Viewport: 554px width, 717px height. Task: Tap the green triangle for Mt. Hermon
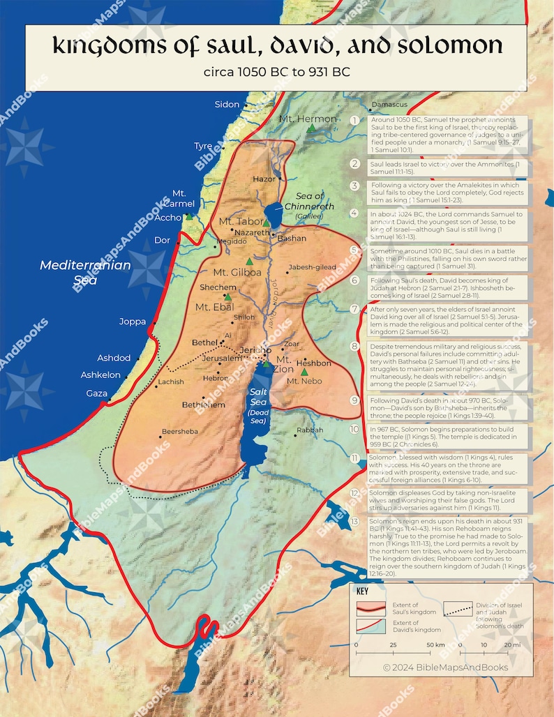311,129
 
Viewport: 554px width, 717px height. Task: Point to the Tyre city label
203,146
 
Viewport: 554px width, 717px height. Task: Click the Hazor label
264,179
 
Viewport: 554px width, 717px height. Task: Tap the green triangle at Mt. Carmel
188,217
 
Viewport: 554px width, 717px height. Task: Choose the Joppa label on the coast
133,322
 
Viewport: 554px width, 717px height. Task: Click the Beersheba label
179,432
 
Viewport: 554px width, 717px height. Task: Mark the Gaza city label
97,393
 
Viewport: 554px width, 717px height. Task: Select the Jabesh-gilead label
311,267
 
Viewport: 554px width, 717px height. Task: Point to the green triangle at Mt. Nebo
304,372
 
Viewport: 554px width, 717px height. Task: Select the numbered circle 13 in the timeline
355,522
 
